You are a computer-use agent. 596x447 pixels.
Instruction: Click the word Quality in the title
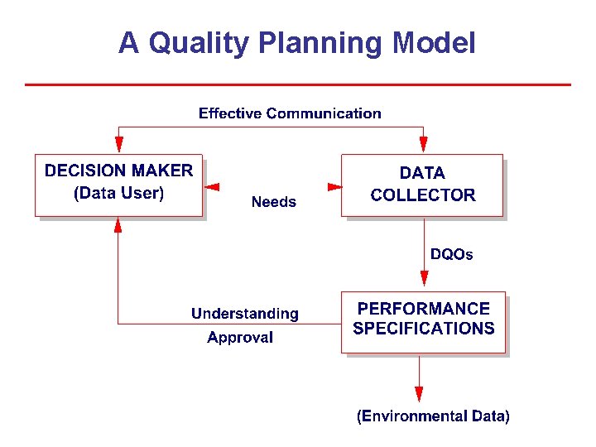[x=197, y=43]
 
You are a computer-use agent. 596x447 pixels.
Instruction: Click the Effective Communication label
[x=290, y=113]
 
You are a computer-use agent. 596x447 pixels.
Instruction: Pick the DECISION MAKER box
[x=118, y=185]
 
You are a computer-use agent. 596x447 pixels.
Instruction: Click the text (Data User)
[x=118, y=195]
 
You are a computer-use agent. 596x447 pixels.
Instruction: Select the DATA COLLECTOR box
[x=422, y=185]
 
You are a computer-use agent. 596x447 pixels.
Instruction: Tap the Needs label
[x=273, y=202]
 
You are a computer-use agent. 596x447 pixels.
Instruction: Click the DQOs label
[x=452, y=254]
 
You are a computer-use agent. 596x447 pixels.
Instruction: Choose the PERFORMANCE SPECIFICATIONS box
[x=423, y=322]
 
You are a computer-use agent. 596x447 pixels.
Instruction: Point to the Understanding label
[x=245, y=314]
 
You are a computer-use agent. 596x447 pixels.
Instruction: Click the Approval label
[x=240, y=337]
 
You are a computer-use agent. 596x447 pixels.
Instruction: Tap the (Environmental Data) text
[x=433, y=416]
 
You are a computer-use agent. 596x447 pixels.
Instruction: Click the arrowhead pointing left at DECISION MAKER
[x=211, y=187]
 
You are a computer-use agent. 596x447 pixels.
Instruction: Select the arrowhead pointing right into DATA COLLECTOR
[x=334, y=187]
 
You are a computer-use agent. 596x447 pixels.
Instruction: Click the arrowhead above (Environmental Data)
[x=419, y=393]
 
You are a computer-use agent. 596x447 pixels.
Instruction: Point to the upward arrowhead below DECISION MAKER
[x=118, y=224]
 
